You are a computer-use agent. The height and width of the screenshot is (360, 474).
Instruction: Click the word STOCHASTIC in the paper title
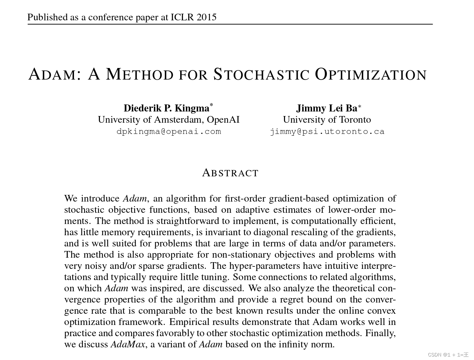click(261, 74)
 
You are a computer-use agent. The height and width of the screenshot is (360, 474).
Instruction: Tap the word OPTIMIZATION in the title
click(371, 74)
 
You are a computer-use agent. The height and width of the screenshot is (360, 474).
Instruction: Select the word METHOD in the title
click(140, 74)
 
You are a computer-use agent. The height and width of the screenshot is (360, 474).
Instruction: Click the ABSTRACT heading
click(230, 173)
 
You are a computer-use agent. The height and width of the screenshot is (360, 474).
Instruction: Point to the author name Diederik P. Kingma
click(167, 108)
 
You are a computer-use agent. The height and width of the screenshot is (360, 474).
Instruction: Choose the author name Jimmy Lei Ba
click(327, 108)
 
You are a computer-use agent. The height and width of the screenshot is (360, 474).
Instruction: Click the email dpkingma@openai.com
click(169, 131)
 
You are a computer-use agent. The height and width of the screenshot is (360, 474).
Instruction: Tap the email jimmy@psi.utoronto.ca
click(327, 131)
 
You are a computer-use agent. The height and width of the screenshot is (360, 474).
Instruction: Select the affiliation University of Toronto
click(327, 120)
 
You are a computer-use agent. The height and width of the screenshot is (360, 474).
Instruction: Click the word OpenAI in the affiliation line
click(223, 120)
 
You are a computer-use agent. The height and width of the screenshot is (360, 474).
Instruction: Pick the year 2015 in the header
click(206, 17)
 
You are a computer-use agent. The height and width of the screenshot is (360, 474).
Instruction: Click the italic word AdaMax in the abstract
click(128, 344)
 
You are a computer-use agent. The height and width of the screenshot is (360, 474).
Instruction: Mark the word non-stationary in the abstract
click(242, 254)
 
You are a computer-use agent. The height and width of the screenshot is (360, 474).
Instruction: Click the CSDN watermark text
click(448, 355)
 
